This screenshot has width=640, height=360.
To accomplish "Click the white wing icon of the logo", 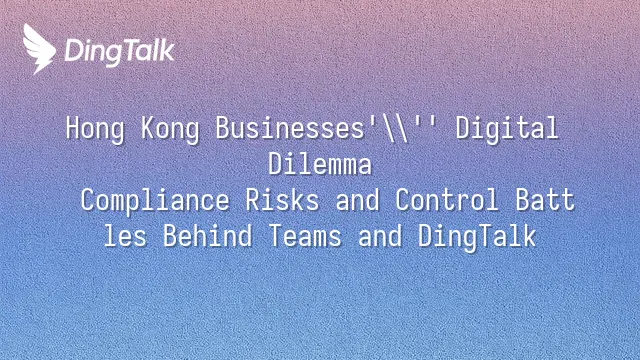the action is tap(39, 49).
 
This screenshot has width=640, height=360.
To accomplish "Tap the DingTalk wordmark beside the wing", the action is tap(120, 52).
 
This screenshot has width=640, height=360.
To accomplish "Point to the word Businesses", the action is tap(290, 128).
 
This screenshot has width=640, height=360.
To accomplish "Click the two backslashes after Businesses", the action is tap(395, 129).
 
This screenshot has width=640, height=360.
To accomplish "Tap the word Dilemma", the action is tap(320, 164).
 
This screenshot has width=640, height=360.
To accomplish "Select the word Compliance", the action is tap(155, 201).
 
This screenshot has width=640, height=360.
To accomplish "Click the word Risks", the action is tap(282, 200).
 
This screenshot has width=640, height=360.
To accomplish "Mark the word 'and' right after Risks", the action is tap(357, 200).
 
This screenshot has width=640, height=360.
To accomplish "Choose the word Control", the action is tap(447, 200).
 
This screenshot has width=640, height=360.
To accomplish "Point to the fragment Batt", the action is tap(545, 200).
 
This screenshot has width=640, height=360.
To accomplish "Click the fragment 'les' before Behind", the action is tap(125, 236).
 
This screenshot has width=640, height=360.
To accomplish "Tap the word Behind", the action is tap(207, 236).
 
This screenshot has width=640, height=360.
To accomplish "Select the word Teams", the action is tap(304, 236).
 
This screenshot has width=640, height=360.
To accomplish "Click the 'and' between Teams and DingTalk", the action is tap(380, 236).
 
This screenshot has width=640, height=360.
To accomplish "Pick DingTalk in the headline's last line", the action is tap(477, 238).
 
